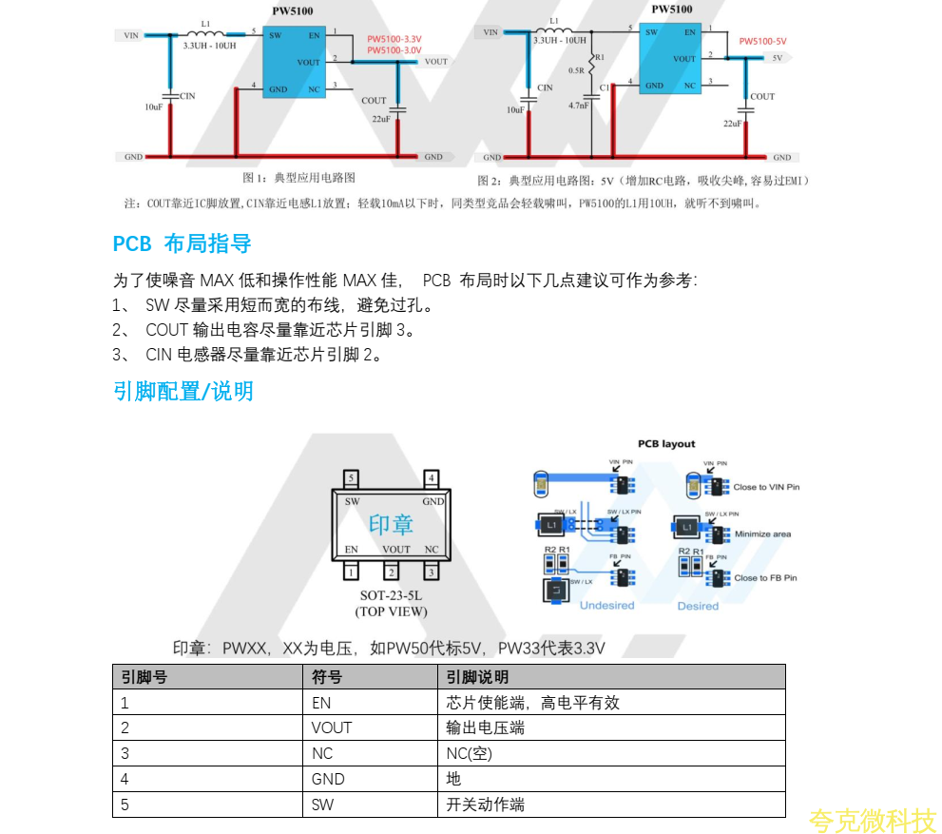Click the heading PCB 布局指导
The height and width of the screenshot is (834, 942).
(x=182, y=243)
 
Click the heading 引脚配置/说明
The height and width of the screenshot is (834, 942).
(x=183, y=391)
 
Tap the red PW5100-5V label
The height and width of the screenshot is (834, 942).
(x=762, y=41)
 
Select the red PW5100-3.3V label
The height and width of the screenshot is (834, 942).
(x=394, y=39)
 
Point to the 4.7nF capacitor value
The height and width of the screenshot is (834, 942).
(x=579, y=106)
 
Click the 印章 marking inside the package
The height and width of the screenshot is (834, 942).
(x=391, y=524)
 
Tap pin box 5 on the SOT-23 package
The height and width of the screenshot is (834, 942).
(x=351, y=477)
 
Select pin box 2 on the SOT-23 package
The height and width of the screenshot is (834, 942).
(x=391, y=572)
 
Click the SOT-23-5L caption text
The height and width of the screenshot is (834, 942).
(x=391, y=595)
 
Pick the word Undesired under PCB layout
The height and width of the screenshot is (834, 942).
(x=606, y=606)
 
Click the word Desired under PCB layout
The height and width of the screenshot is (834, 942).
(x=698, y=606)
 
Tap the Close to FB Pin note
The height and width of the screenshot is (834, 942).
(x=765, y=577)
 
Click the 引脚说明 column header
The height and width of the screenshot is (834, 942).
(x=477, y=677)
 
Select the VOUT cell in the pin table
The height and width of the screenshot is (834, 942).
(x=331, y=728)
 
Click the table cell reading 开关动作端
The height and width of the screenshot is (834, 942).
(x=485, y=805)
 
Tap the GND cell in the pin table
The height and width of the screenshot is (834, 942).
(x=328, y=779)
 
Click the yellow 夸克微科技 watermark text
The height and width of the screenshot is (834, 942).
(x=873, y=820)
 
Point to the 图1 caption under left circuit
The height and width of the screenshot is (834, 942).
(x=298, y=178)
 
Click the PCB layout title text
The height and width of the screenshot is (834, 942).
(x=665, y=444)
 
